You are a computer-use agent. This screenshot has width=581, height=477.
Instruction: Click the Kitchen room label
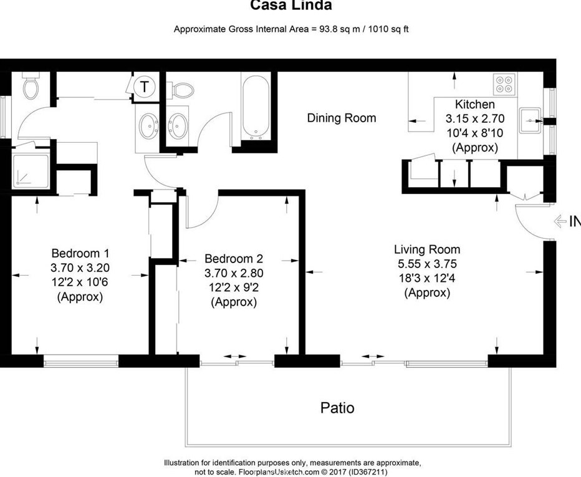(x=474, y=104)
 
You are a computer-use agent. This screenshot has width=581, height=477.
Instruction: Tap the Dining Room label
(x=342, y=118)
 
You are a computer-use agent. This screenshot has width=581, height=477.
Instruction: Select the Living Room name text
(x=427, y=249)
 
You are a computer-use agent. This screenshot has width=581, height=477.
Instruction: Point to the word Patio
(x=337, y=408)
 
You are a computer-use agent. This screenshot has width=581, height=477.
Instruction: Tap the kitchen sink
(x=531, y=117)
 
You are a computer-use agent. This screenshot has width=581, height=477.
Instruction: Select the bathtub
(x=255, y=107)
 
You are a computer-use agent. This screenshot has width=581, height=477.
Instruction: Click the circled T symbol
(x=144, y=86)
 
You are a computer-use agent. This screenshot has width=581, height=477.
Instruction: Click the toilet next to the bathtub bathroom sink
(x=181, y=90)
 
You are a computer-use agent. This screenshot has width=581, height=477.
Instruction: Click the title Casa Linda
(x=290, y=6)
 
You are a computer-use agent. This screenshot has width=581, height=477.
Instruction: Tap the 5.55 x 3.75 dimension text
(x=427, y=264)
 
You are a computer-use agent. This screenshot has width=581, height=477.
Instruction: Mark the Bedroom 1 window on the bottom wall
(x=80, y=360)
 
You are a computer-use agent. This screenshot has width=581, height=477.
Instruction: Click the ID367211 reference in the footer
(x=367, y=472)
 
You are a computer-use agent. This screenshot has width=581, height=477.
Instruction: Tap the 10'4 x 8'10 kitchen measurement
(x=474, y=133)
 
